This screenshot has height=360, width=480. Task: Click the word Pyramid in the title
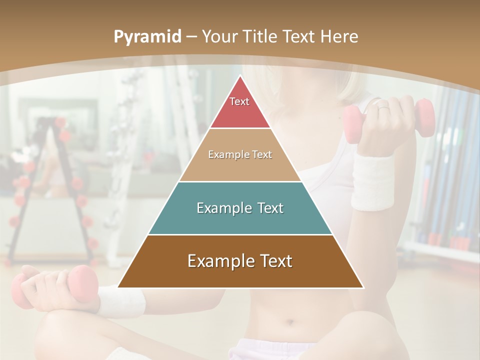[147, 37]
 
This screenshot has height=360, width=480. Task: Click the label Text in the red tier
[239, 101]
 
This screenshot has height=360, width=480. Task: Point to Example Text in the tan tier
[240, 154]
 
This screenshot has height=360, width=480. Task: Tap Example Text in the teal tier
[240, 208]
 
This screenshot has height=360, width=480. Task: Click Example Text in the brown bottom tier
[240, 261]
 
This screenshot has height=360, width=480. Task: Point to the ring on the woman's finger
[382, 106]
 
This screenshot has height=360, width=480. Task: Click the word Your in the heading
[219, 37]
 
